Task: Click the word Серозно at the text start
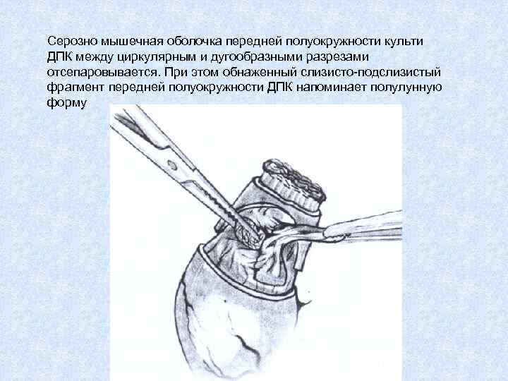pyautogui.click(x=68, y=40)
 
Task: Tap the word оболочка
pyautogui.click(x=182, y=40)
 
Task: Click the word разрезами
pyautogui.click(x=344, y=56)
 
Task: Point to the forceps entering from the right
pyautogui.click(x=360, y=227)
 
